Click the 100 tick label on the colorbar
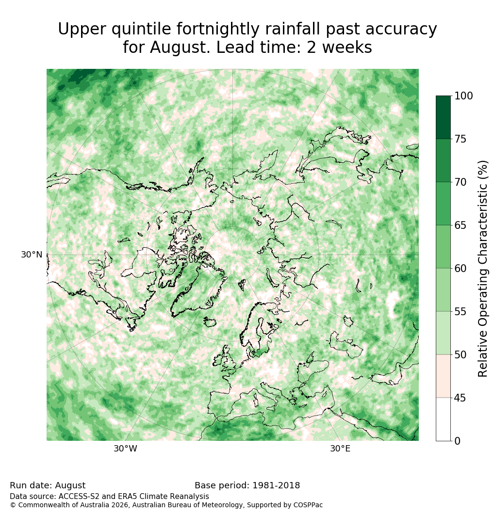pyautogui.click(x=463, y=96)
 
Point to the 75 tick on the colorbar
pyautogui.click(x=452, y=139)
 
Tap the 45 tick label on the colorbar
pyautogui.click(x=460, y=398)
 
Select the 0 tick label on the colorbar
pyautogui.click(x=458, y=441)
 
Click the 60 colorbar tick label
pyautogui.click(x=460, y=269)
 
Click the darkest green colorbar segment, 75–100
pyautogui.click(x=444, y=117)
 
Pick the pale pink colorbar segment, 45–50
pyautogui.click(x=444, y=376)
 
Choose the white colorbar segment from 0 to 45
pyautogui.click(x=444, y=419)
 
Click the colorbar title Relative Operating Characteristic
pyautogui.click(x=482, y=269)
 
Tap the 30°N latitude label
pyautogui.click(x=32, y=255)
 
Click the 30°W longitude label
pyautogui.click(x=125, y=449)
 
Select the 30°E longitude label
pyautogui.click(x=340, y=449)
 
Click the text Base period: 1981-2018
pyautogui.click(x=247, y=485)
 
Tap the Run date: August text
pyautogui.click(x=48, y=485)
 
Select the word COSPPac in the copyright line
pyautogui.click(x=308, y=505)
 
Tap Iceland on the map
pyautogui.click(x=210, y=322)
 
